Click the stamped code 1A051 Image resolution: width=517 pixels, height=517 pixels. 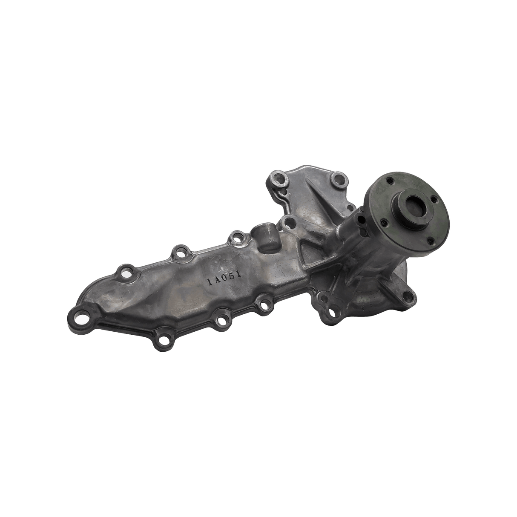(x=224, y=275)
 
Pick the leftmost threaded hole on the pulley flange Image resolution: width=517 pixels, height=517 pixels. (x=384, y=215)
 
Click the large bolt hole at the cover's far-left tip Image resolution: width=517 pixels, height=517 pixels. (x=80, y=320)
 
